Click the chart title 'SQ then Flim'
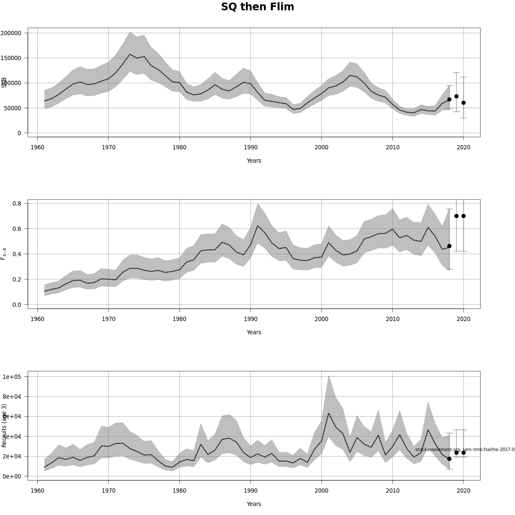[257, 7]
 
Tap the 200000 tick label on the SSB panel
[11, 33]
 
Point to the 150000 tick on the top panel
[11, 58]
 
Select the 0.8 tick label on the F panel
[17, 203]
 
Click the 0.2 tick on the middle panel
[17, 279]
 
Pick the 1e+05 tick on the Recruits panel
[12, 377]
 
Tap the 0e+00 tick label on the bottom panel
[12, 476]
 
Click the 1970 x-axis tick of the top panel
[109, 147]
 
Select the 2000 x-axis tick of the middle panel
[321, 319]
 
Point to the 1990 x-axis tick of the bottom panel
[251, 491]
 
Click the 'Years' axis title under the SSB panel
[254, 161]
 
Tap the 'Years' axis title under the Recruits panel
[254, 504]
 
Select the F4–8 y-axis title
[4, 254]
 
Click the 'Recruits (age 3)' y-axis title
[4, 425]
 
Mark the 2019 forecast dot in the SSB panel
[456, 96]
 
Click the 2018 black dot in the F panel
[449, 246]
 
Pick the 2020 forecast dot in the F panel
[463, 216]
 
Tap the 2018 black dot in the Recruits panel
[449, 459]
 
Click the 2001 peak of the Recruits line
[329, 413]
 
